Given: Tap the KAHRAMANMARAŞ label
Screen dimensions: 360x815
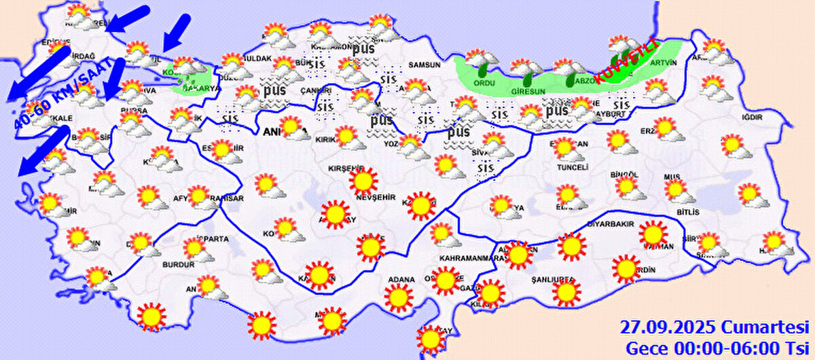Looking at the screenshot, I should [x=473, y=259].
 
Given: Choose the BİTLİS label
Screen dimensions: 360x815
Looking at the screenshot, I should [x=687, y=212].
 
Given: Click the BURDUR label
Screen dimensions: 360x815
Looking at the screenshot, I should [x=176, y=265].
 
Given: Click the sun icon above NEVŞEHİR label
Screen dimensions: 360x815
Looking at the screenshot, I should [x=363, y=181].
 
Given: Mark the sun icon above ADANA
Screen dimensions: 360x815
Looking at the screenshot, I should [x=399, y=297].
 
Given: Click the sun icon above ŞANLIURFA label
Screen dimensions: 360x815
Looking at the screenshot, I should [x=566, y=293].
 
